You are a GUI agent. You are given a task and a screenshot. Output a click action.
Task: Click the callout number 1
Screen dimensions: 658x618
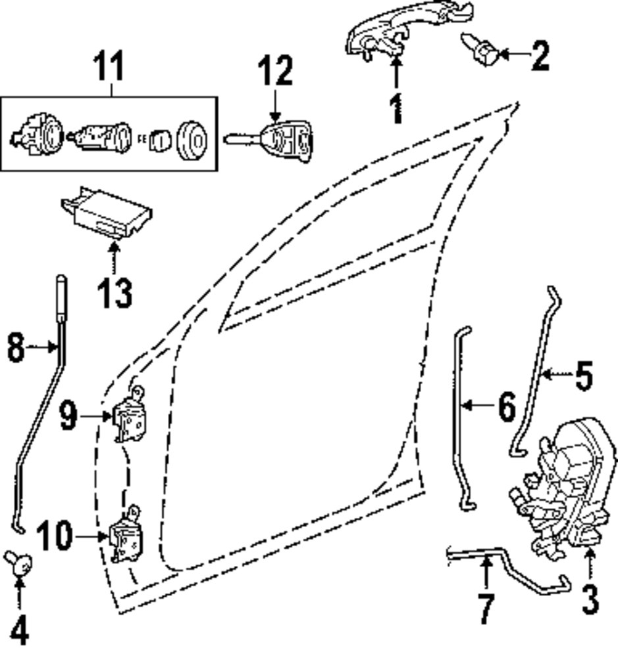[396, 109]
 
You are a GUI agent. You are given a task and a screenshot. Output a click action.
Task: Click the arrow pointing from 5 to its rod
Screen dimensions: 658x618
[558, 374]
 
